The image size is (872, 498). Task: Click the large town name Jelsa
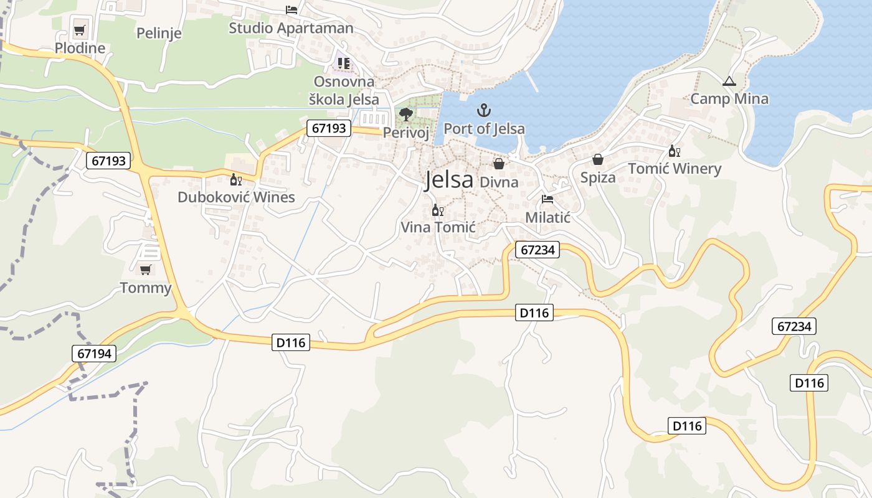pyautogui.click(x=448, y=180)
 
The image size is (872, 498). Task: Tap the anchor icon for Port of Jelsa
pyautogui.click(x=484, y=111)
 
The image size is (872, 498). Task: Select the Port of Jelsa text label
pyautogui.click(x=484, y=129)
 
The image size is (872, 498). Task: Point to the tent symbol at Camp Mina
pyautogui.click(x=729, y=81)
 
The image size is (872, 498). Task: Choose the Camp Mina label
pyautogui.click(x=729, y=98)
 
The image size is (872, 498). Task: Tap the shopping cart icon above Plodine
pyautogui.click(x=80, y=30)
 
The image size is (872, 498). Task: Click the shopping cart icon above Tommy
pyautogui.click(x=145, y=270)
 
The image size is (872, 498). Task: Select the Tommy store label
pyautogui.click(x=145, y=288)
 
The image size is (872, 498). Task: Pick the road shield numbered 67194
pyautogui.click(x=95, y=354)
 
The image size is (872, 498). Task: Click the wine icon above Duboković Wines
pyautogui.click(x=236, y=180)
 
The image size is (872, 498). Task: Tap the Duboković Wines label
pyautogui.click(x=236, y=197)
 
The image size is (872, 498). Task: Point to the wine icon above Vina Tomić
pyautogui.click(x=438, y=210)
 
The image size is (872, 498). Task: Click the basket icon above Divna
pyautogui.click(x=499, y=164)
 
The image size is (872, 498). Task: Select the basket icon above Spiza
pyautogui.click(x=598, y=159)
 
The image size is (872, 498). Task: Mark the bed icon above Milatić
pyautogui.click(x=547, y=199)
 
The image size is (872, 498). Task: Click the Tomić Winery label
pyautogui.click(x=675, y=169)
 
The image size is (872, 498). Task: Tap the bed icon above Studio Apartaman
pyautogui.click(x=291, y=9)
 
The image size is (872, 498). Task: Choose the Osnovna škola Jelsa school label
pyautogui.click(x=344, y=90)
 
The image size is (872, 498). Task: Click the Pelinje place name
pyautogui.click(x=159, y=32)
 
